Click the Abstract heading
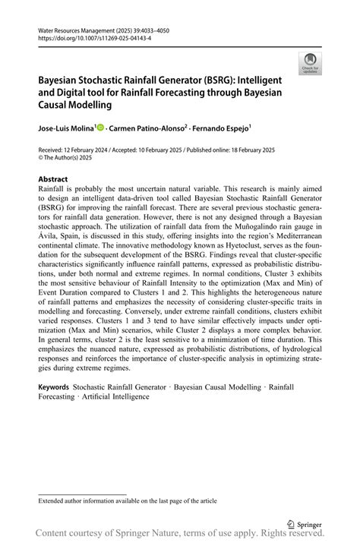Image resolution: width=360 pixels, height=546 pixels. (x=53, y=180)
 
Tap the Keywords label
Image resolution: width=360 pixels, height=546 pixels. (x=53, y=387)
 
